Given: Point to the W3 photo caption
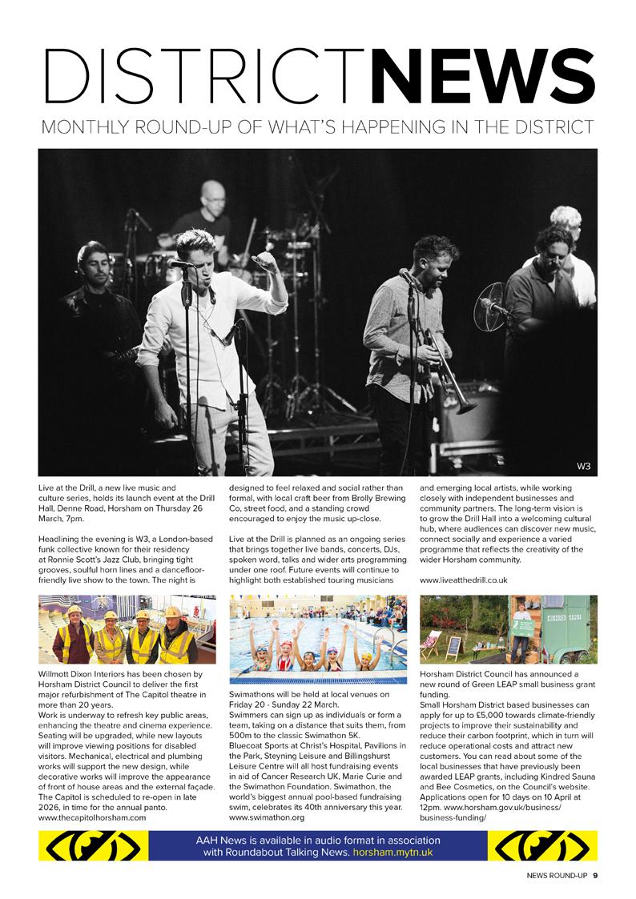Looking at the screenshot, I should point(583,466).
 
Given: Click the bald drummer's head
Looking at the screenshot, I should point(213,193).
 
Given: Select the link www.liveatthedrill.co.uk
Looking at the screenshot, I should point(463,579).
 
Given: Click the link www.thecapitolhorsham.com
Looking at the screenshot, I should point(92,817).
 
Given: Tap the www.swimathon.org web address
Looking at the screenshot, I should point(268,818).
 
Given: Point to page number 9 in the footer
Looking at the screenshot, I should point(595,874).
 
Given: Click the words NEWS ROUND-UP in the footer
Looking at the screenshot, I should point(557,874).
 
